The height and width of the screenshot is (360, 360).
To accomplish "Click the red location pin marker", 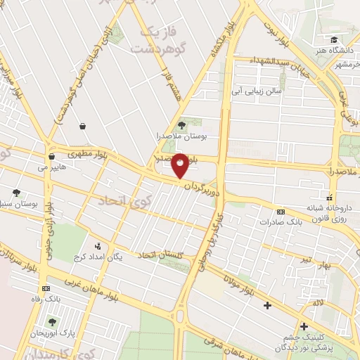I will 180,165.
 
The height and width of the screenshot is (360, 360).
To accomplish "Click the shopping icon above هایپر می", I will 51,157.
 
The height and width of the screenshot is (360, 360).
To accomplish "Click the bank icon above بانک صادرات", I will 281,212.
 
